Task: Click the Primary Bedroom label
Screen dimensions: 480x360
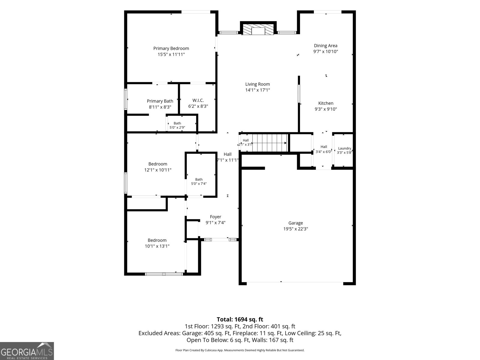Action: tap(171, 48)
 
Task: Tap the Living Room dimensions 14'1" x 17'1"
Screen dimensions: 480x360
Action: tap(258, 90)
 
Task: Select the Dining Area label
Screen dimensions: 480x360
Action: tap(325, 46)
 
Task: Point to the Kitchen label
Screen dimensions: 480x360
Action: tap(325, 103)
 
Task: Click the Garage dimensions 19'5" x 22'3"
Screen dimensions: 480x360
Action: tap(296, 229)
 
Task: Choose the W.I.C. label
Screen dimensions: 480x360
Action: tap(198, 100)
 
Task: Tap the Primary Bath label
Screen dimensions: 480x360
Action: tap(160, 101)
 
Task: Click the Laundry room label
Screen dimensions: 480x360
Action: tap(345, 148)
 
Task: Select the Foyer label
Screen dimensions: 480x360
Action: tap(215, 217)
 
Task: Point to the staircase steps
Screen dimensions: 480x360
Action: tap(270, 143)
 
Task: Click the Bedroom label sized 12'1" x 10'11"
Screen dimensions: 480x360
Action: tap(158, 164)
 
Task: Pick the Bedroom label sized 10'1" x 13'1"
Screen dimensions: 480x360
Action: tap(157, 240)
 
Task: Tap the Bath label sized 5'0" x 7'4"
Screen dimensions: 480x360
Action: tap(199, 179)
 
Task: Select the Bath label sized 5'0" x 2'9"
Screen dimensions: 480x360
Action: tap(177, 123)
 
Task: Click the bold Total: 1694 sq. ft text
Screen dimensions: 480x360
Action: tap(240, 319)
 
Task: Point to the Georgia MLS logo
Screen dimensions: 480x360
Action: tap(27, 351)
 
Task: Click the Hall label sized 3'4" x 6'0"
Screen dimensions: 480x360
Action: tap(324, 147)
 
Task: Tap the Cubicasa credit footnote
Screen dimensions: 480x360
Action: tap(240, 350)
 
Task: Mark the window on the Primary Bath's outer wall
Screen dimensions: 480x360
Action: tap(125, 99)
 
